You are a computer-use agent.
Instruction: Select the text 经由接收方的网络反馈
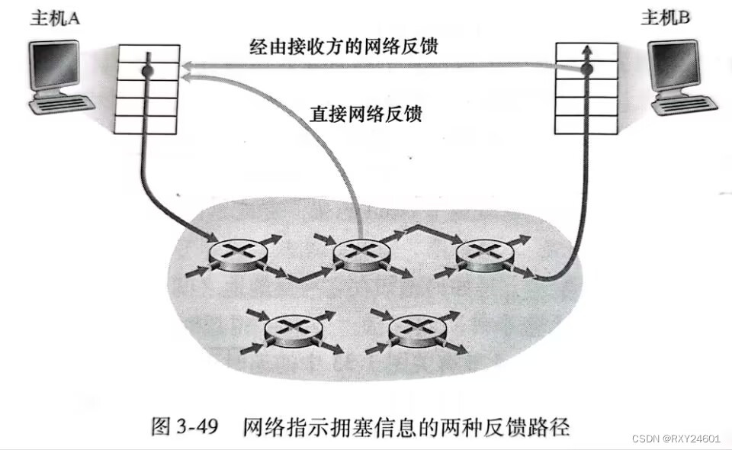click(x=344, y=47)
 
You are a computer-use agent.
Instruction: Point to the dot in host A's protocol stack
click(x=147, y=70)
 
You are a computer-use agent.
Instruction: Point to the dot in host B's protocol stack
click(x=586, y=70)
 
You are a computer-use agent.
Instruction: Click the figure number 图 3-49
click(x=186, y=426)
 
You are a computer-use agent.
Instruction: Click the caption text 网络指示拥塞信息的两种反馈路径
click(x=406, y=426)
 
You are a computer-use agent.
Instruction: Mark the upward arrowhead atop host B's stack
click(x=586, y=50)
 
